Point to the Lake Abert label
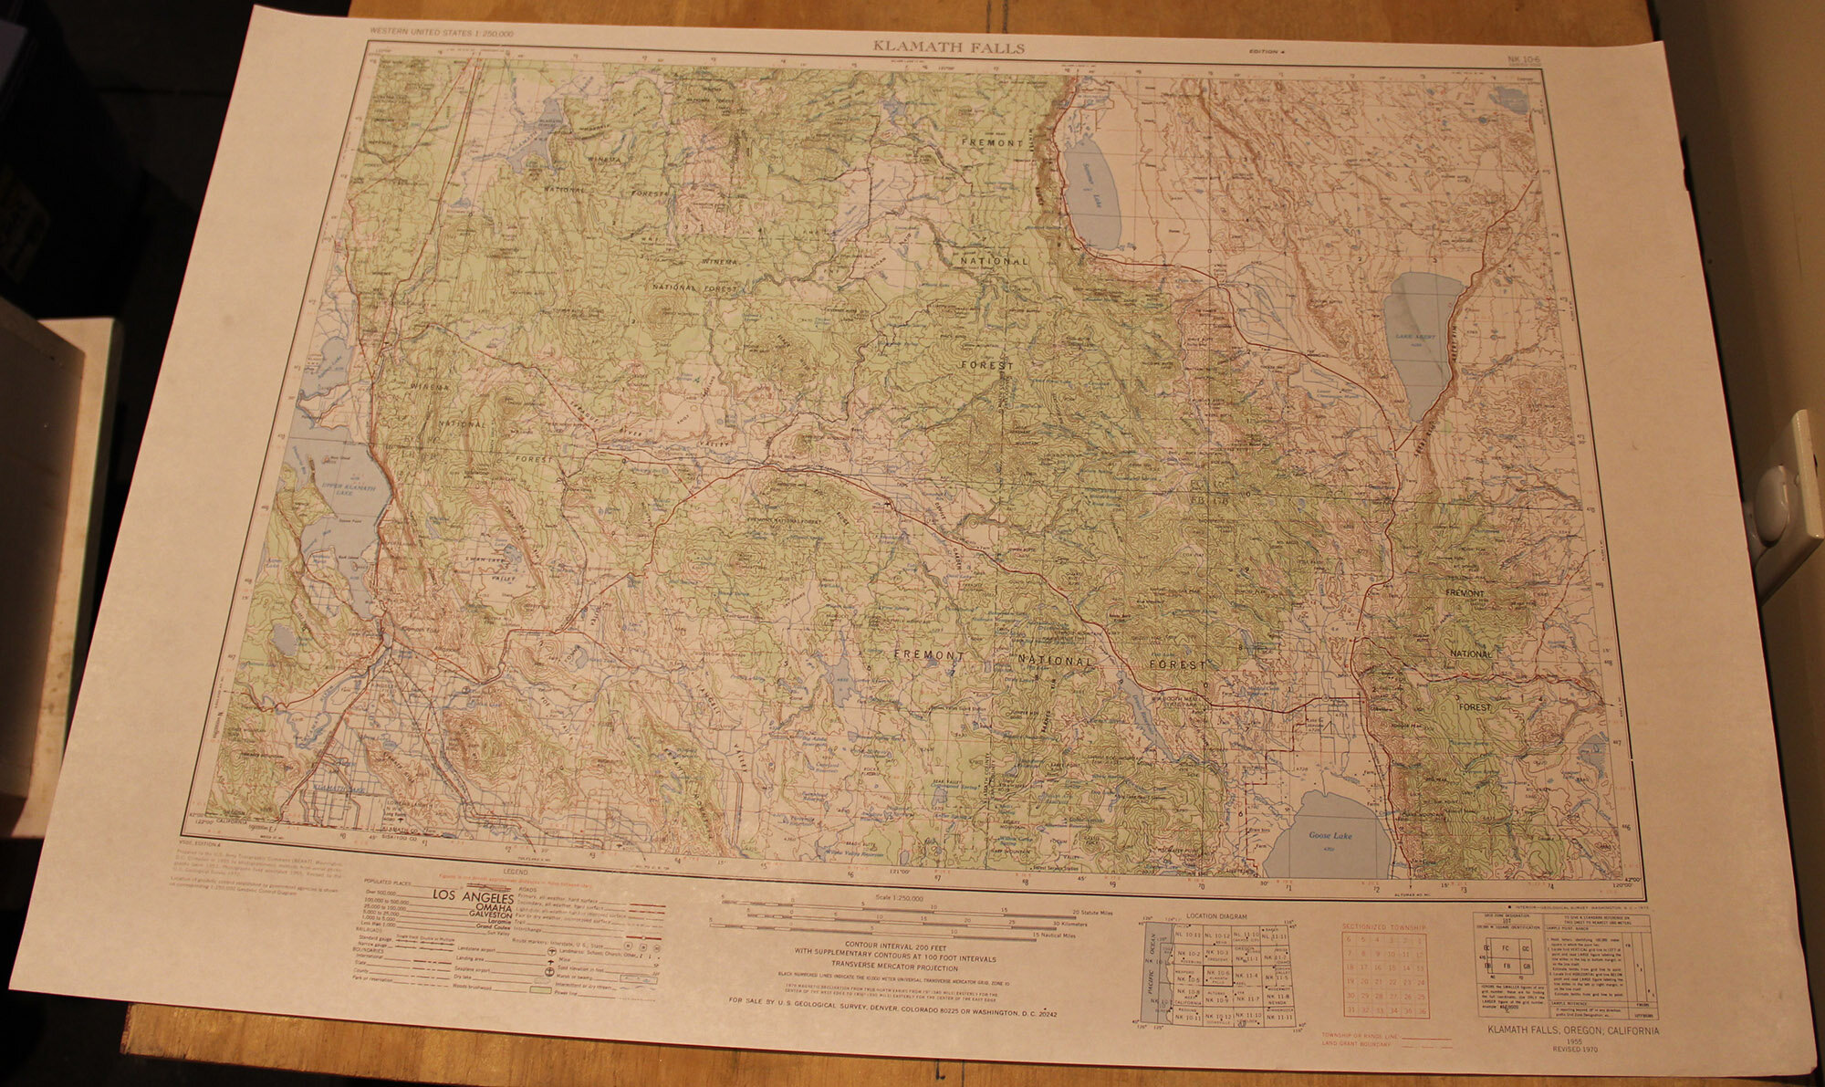[x=1415, y=337]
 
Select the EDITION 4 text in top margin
[x=1267, y=53]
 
